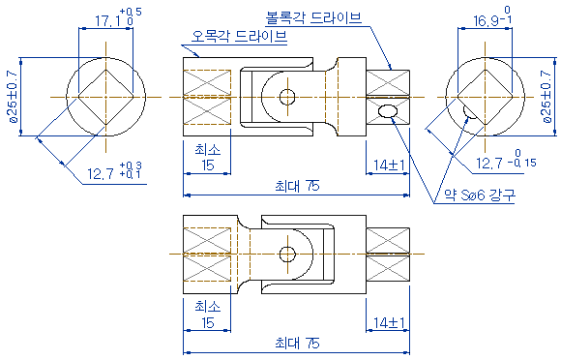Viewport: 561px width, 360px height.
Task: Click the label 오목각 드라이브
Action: pos(239,37)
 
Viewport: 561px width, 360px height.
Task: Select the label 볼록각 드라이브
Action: pos(313,17)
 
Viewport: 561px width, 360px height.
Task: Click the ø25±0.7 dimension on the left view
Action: pos(13,97)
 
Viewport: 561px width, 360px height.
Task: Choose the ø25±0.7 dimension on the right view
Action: pos(546,97)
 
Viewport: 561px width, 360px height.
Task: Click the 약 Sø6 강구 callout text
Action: pos(480,195)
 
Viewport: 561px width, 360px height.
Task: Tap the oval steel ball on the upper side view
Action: pos(388,111)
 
